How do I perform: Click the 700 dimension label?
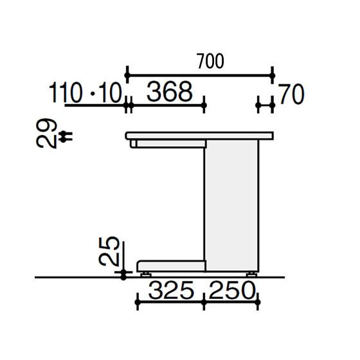point(210,61)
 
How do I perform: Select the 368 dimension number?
point(170,92)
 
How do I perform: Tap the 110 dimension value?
point(66,93)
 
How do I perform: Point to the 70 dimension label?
point(292,94)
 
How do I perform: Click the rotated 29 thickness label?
point(46,133)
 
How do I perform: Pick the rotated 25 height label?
point(109,251)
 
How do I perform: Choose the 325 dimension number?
point(171,291)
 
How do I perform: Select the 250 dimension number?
point(232,291)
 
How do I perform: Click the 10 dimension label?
point(111,93)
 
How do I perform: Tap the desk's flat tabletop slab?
point(199,136)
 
